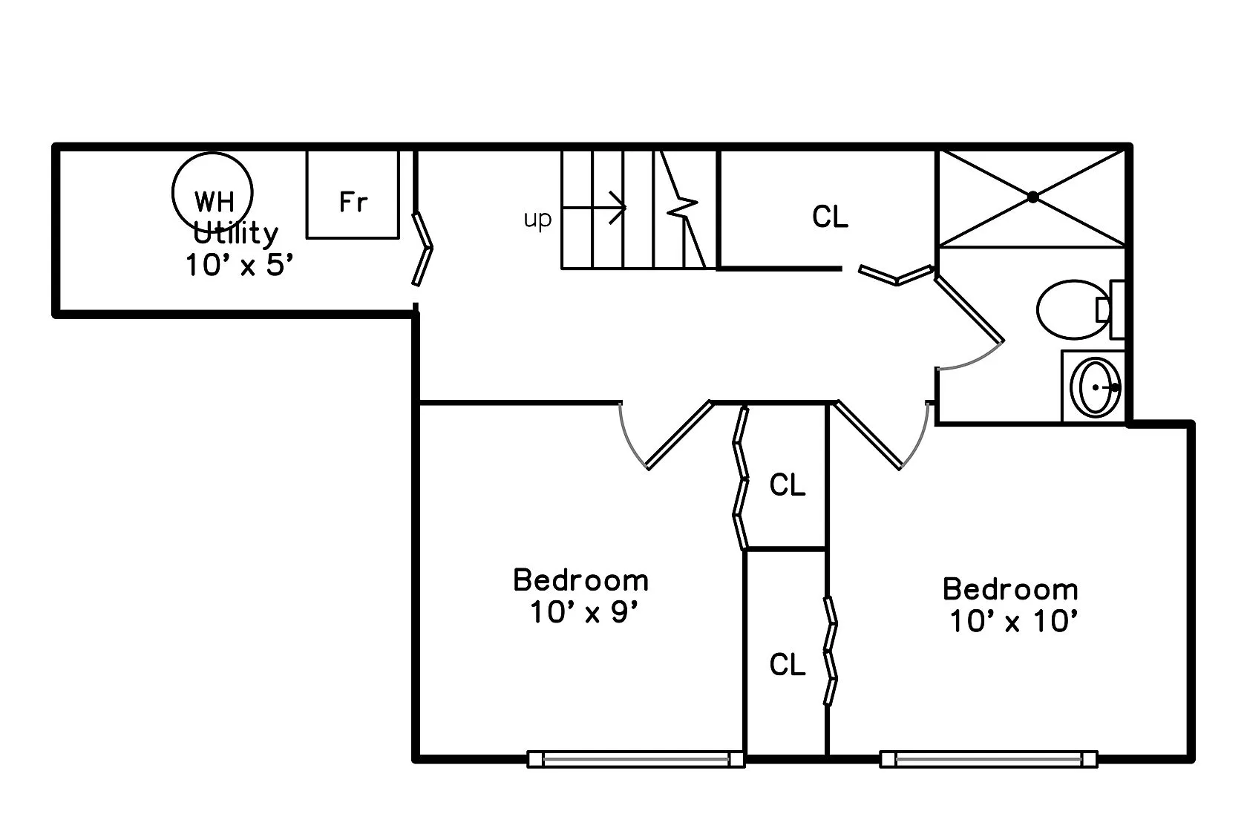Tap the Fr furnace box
coord(353,194)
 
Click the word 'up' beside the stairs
coord(537,220)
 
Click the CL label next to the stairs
coord(830,217)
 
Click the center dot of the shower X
coord(1032,197)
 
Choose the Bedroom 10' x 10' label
coord(1011,605)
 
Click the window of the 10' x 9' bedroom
coord(635,759)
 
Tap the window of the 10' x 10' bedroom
coord(988,759)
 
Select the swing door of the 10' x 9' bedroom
coord(678,436)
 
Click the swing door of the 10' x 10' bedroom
coord(868,436)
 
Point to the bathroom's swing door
coord(969,309)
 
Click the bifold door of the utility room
coord(422,249)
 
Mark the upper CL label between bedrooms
coord(788,485)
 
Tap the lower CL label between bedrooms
coord(788,665)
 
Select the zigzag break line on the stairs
coord(684,208)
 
